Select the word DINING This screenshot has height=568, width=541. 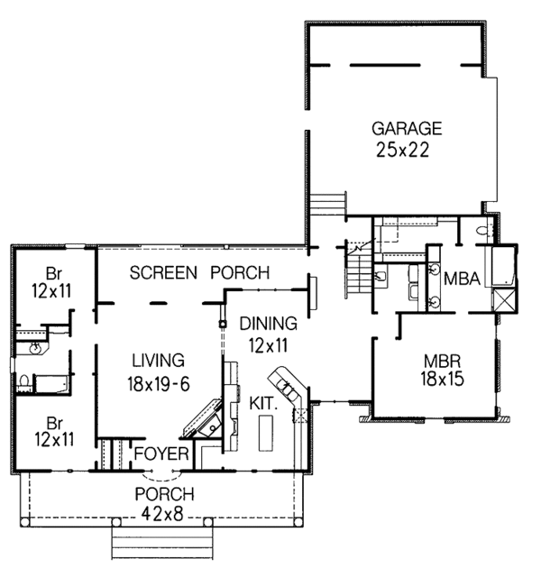pyautogui.click(x=268, y=323)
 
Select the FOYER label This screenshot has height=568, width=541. pyautogui.click(x=160, y=453)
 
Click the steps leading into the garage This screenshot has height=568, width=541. pyautogui.click(x=329, y=203)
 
